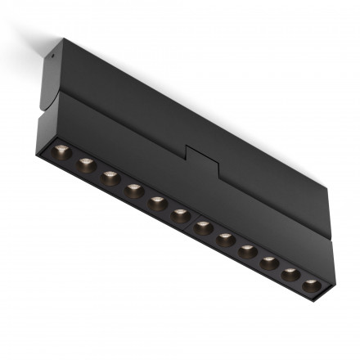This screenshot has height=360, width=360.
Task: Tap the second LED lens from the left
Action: pos(85,164)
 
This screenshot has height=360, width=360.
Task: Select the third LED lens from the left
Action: pos(110,177)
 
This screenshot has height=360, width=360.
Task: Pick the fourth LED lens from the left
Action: pos(133,190)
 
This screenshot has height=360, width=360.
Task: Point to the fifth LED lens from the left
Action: pos(157,202)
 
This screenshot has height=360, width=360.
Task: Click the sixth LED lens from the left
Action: pos(180,214)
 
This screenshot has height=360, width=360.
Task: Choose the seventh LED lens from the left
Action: pos(203,227)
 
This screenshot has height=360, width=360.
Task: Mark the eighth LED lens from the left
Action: pos(225,238)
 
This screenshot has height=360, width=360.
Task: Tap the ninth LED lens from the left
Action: pos(247,250)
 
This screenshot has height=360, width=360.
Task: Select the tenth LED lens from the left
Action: pos(268,262)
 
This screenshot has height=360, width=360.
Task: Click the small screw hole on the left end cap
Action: pos(53,58)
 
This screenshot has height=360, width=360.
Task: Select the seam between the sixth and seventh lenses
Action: pos(191,220)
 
